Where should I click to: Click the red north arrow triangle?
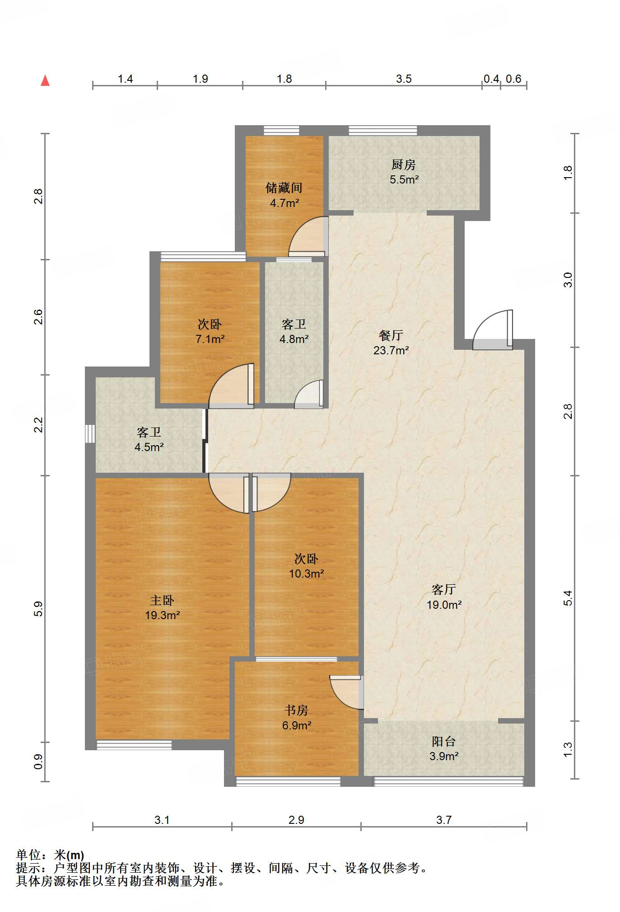[x=45, y=80]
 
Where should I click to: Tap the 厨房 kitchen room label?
[x=403, y=165]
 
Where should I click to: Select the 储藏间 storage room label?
[x=284, y=188]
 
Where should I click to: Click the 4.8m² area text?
[x=294, y=339]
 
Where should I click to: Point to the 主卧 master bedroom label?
[x=162, y=600]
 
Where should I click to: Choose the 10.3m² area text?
[x=307, y=574]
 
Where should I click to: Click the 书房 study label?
[x=296, y=710]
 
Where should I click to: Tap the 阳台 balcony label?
[x=443, y=741]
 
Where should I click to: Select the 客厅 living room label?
[x=444, y=589]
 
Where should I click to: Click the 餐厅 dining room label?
[x=391, y=335]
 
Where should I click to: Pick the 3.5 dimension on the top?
[x=404, y=79]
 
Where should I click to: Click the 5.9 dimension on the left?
[x=38, y=608]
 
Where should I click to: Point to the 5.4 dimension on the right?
[x=568, y=598]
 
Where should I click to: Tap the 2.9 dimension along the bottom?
[x=296, y=820]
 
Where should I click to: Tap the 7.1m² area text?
[x=210, y=339]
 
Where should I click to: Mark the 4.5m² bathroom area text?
[x=149, y=447]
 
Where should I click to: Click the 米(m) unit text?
[x=69, y=855]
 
